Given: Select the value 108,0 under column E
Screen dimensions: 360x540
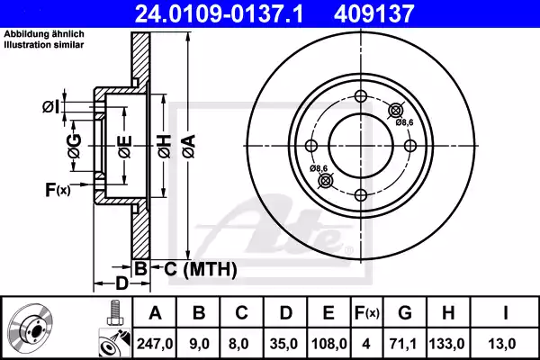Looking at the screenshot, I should coord(328,343).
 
